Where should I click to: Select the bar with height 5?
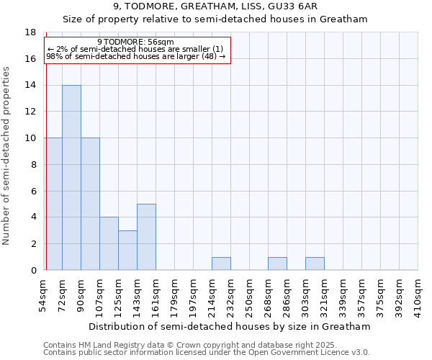(146, 237)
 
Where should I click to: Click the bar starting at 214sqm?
(221, 264)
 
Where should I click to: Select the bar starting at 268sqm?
(277, 264)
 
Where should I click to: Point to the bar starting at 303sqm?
(315, 264)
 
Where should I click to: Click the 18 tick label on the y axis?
(30, 32)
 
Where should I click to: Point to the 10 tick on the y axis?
(30, 138)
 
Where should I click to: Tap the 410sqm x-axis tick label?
(418, 296)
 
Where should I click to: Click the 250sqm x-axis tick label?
(249, 296)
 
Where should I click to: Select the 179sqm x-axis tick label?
(174, 296)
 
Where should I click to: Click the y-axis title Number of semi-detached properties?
(7, 156)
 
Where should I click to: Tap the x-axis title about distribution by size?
(231, 326)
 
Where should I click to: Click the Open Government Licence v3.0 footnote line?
(207, 353)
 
